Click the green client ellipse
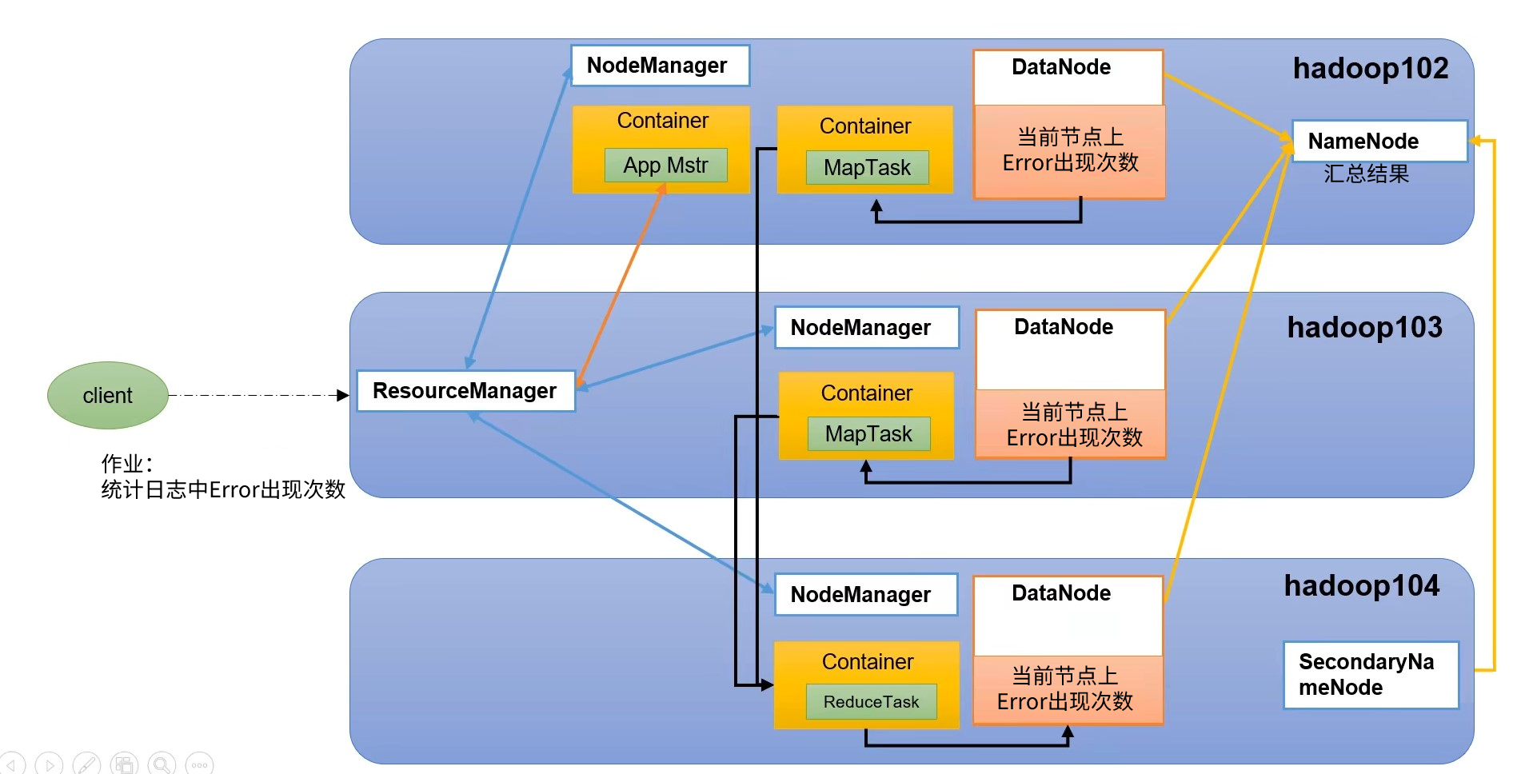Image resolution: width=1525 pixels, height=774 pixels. pyautogui.click(x=108, y=395)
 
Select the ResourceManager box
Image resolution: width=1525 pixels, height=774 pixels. pyautogui.click(x=465, y=391)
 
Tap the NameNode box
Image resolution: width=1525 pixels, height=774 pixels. pyautogui.click(x=1379, y=142)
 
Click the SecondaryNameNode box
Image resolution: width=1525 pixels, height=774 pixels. pyautogui.click(x=1371, y=675)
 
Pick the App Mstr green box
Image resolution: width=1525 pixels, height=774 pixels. pyautogui.click(x=665, y=166)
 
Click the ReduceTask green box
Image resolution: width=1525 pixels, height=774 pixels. pyautogui.click(x=871, y=701)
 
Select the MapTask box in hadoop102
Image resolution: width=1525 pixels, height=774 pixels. pyautogui.click(x=867, y=168)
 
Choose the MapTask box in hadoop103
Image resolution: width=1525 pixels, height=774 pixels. pyautogui.click(x=868, y=433)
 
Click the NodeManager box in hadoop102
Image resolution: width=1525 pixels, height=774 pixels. pyautogui.click(x=660, y=66)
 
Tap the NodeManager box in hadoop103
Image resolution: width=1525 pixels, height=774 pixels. pyautogui.click(x=867, y=328)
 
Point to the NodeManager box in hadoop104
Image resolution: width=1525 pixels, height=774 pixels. pyautogui.click(x=866, y=595)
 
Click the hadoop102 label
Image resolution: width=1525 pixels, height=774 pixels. pyautogui.click(x=1371, y=69)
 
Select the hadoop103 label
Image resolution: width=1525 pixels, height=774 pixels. pyautogui.click(x=1364, y=327)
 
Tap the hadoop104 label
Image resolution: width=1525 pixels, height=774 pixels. pyautogui.click(x=1361, y=586)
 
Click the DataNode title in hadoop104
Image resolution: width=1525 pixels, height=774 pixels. pyautogui.click(x=1061, y=593)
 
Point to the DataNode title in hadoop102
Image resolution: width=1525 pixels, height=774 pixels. pyautogui.click(x=1061, y=67)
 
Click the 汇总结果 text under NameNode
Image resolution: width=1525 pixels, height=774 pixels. pyautogui.click(x=1366, y=174)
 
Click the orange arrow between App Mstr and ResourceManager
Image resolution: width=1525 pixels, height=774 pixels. pyautogui.click(x=621, y=285)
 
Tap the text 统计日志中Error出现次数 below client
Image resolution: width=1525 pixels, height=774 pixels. pyautogui.click(x=223, y=489)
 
